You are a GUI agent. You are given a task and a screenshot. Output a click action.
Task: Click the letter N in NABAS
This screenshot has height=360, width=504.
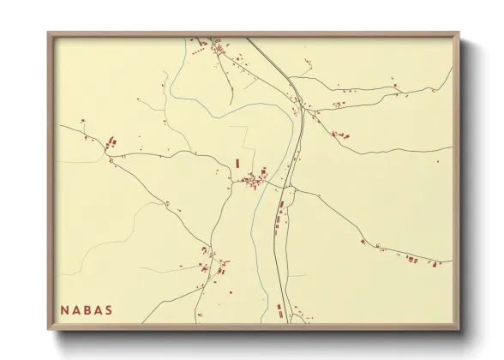(x=64, y=309)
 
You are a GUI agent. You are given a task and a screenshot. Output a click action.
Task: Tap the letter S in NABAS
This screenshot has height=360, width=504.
(x=108, y=309)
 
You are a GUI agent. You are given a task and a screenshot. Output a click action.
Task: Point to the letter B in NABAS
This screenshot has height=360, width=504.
(x=87, y=309)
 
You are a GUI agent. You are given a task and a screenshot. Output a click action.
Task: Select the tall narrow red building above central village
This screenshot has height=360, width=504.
(x=237, y=161)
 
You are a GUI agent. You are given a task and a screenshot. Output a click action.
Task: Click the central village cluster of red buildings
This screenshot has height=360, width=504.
(x=254, y=180)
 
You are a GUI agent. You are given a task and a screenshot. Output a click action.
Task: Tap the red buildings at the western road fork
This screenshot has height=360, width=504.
(x=112, y=142)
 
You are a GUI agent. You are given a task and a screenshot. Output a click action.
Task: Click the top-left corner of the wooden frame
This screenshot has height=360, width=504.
(x=49, y=33)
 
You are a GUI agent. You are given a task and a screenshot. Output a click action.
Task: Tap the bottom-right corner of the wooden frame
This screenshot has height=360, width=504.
(x=459, y=329)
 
